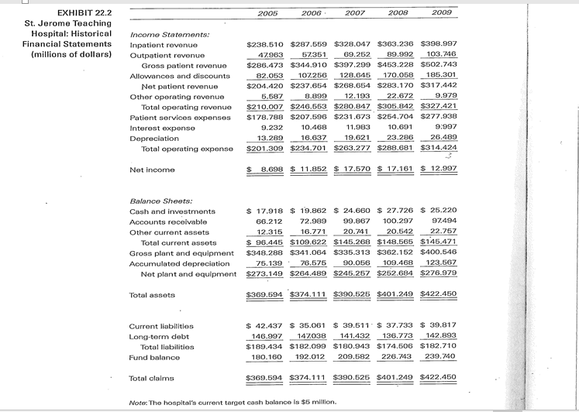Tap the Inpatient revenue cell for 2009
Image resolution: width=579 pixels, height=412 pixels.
coord(439,45)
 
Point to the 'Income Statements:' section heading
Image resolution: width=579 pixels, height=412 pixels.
coord(160,35)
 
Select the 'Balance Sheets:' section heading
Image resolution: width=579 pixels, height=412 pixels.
coord(155,200)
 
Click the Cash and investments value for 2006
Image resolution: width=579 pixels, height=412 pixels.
coord(308,211)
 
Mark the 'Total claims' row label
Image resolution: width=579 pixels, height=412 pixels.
coord(150,379)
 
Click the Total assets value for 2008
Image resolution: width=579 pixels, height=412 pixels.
coord(396,295)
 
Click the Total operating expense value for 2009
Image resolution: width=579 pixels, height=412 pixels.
coord(439,147)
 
